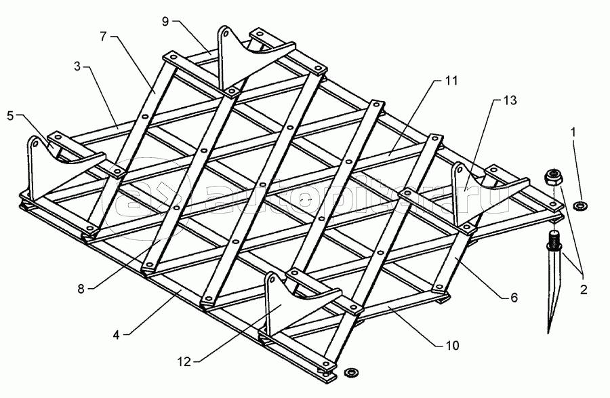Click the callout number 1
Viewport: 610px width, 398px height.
[572, 132]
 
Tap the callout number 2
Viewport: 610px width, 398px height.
[583, 290]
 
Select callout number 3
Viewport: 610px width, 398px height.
[77, 66]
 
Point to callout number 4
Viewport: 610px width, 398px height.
[116, 334]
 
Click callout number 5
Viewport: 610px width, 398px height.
[10, 115]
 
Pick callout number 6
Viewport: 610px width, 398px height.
[514, 298]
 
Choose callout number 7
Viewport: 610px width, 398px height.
[103, 36]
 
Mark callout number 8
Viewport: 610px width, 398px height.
[81, 289]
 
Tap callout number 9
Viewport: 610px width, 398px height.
[165, 22]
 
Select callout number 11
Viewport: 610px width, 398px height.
[451, 81]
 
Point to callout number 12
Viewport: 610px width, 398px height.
[184, 362]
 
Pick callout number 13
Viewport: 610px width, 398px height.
[510, 100]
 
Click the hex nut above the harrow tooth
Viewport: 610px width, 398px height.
[552, 178]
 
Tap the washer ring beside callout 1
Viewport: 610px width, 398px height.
[580, 205]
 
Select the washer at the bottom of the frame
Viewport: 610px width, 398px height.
[352, 372]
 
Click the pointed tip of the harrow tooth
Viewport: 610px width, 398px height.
[548, 332]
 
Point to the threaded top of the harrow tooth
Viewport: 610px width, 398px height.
[553, 237]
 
